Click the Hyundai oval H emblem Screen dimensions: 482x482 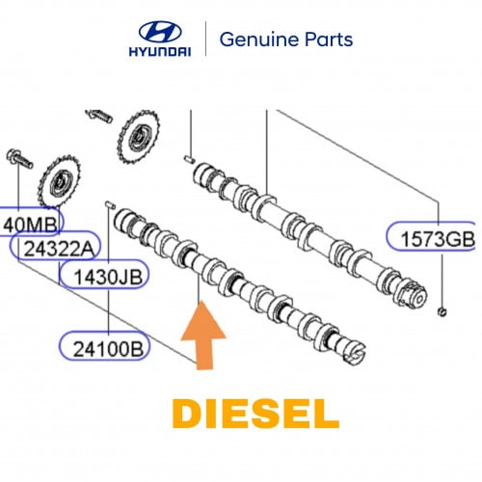[x=160, y=32]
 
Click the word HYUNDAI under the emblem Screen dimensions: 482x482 [x=160, y=51]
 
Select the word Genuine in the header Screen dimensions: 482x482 [x=259, y=40]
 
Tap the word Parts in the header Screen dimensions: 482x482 [x=329, y=40]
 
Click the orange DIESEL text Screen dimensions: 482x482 [x=255, y=414]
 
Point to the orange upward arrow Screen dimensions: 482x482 [x=203, y=335]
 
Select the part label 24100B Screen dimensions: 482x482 [x=108, y=349]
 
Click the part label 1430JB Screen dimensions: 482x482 [x=108, y=277]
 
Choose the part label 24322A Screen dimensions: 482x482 [x=60, y=249]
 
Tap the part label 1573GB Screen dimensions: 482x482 [x=438, y=239]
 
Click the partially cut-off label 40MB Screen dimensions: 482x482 [x=30, y=225]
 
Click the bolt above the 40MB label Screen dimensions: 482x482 [x=19, y=159]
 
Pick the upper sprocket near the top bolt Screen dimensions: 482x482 [x=139, y=137]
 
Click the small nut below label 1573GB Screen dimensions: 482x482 [x=442, y=311]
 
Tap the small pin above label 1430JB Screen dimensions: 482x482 [x=110, y=204]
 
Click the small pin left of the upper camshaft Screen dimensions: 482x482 [x=189, y=159]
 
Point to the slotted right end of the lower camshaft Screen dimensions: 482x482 [x=355, y=354]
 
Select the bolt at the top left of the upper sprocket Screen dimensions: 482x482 [x=99, y=116]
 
